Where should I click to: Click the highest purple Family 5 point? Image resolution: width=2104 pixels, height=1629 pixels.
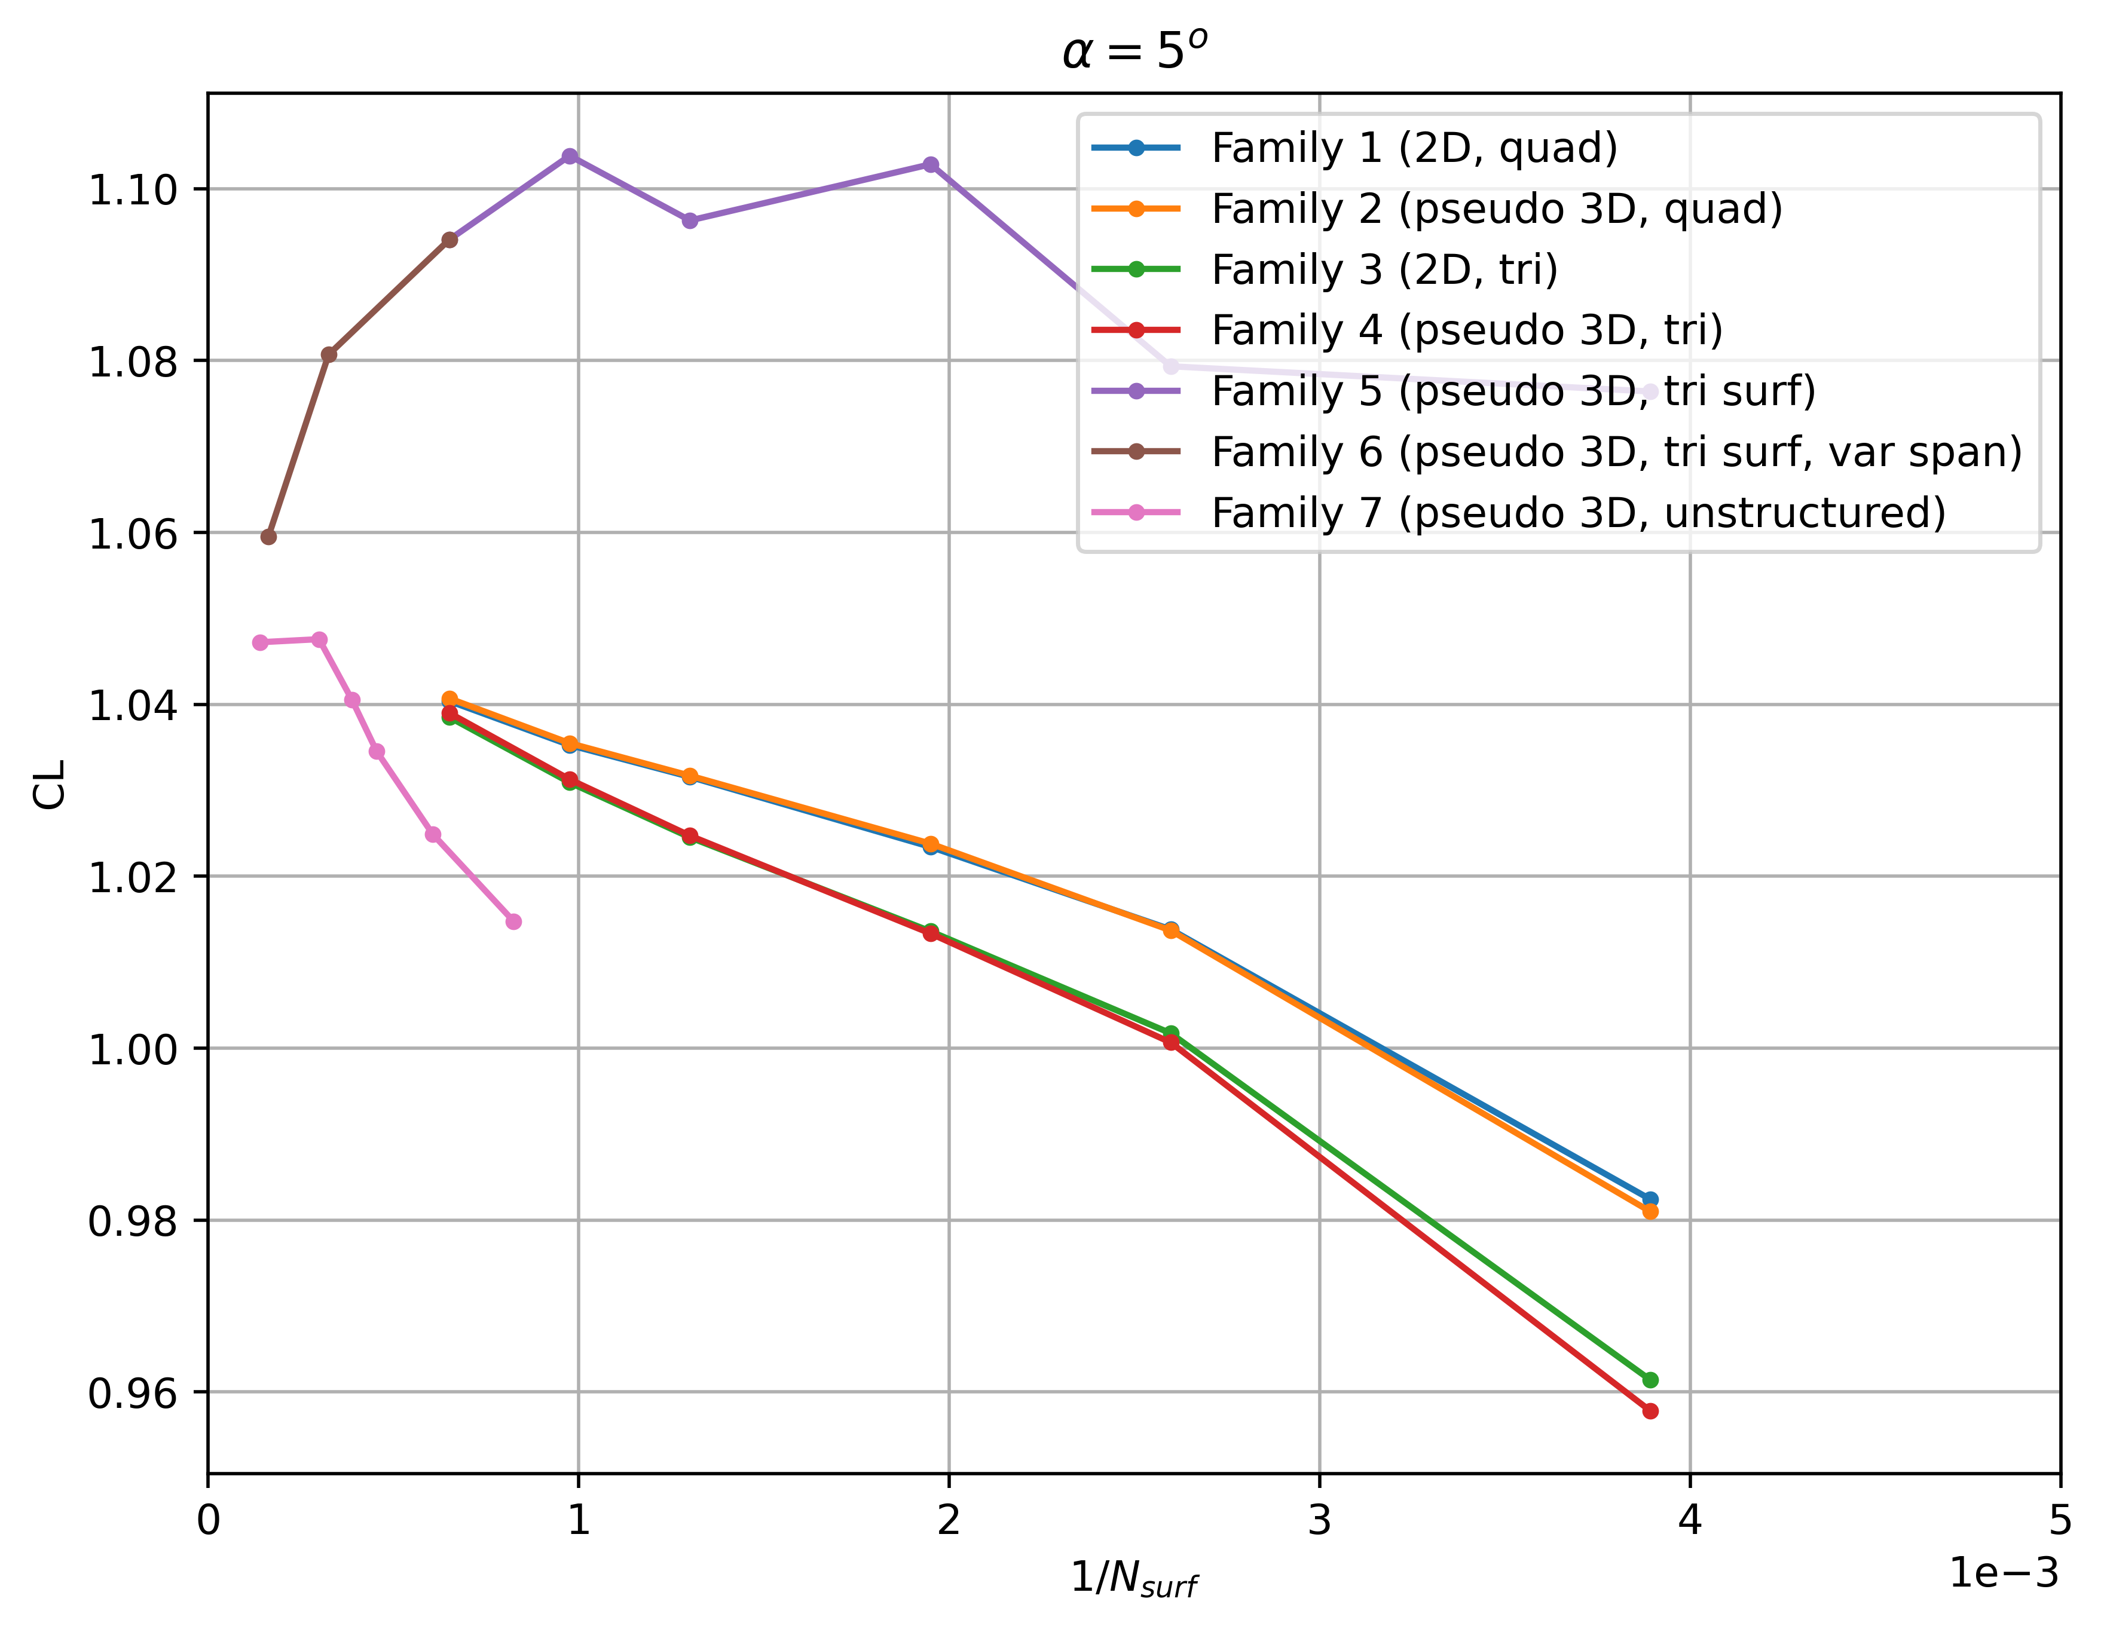(570, 156)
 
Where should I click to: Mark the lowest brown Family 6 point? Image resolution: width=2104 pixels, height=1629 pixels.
(269, 537)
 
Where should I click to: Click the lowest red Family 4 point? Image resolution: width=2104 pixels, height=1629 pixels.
(1650, 1411)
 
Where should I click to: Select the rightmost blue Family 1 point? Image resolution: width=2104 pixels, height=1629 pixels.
(1650, 1199)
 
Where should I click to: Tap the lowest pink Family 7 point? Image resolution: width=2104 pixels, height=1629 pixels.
(513, 922)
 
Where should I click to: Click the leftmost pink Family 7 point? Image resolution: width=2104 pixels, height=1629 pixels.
(260, 642)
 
